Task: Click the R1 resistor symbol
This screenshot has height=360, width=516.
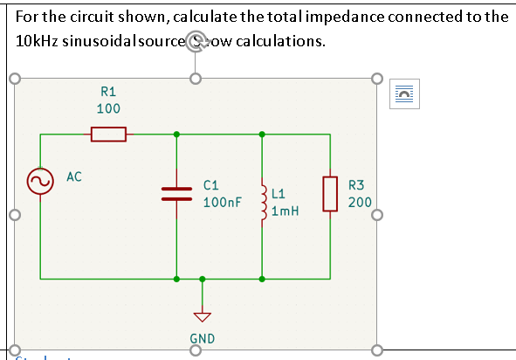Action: point(109,135)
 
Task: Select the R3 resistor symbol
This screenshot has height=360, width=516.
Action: point(330,194)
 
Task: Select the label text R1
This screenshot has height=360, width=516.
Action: point(109,91)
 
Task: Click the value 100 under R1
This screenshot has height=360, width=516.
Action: point(109,108)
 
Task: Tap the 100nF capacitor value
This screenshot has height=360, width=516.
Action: point(223,203)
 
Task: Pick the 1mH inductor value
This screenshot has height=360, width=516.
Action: point(286,211)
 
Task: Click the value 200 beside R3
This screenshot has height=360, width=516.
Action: point(360,202)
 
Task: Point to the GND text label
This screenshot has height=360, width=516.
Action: point(203,338)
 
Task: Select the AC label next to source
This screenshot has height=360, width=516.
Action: point(74,177)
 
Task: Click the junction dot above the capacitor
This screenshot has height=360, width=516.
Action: point(177,135)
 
